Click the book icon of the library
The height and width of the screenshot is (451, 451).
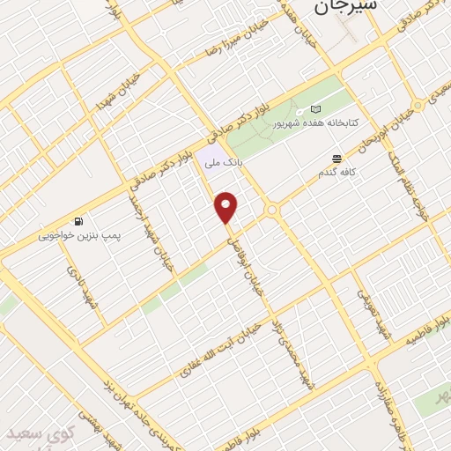315,110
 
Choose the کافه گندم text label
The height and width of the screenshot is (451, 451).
337,174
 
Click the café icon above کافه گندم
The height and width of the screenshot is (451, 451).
336,159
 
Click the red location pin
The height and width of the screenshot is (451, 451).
226,207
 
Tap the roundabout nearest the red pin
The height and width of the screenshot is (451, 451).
272,210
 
